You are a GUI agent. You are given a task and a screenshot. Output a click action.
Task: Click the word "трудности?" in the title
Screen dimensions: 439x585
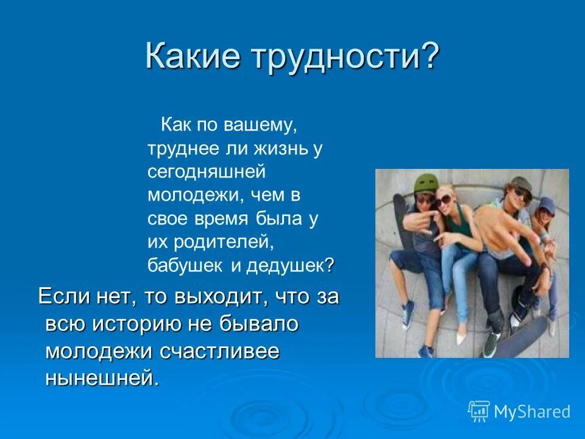342,57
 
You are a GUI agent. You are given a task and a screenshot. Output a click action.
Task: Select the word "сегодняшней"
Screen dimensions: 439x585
207,172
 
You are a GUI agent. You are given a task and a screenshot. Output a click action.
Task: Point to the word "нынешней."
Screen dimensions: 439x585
102,378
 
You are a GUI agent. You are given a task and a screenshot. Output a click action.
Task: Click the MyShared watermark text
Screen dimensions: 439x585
531,412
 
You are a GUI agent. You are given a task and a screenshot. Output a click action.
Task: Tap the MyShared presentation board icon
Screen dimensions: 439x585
479,411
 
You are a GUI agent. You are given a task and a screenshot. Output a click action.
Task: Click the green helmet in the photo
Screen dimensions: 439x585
424,182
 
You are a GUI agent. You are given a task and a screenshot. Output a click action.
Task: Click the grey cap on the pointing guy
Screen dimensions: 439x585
520,183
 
